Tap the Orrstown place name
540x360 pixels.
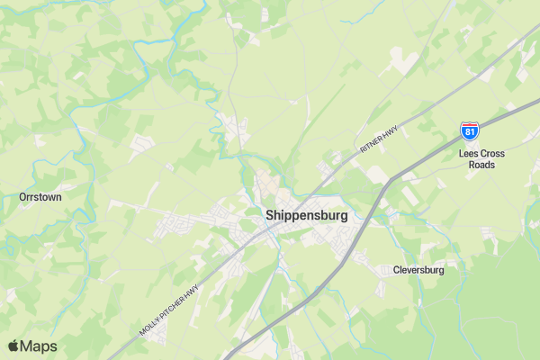(40, 196)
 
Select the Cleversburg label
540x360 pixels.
(418, 269)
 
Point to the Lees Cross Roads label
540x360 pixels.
(481, 159)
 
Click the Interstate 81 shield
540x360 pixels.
(469, 131)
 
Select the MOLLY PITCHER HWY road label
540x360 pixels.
(168, 311)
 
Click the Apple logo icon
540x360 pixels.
(13, 346)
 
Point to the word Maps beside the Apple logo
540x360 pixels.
(39, 346)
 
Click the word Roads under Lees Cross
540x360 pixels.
(481, 166)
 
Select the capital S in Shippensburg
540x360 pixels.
(270, 216)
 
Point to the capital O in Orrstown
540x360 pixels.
(22, 196)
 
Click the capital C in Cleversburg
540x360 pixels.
(397, 269)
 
